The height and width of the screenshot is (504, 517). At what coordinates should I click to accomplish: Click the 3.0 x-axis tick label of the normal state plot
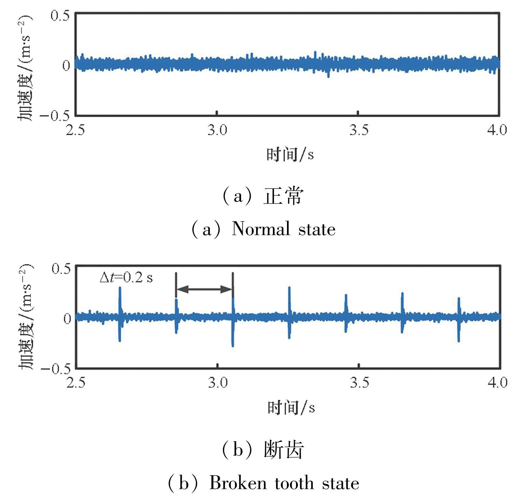[x=217, y=130]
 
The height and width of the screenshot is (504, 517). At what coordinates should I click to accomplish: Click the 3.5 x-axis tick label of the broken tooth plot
[x=359, y=382]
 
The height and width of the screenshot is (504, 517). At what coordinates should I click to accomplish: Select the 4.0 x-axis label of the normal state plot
[x=497, y=130]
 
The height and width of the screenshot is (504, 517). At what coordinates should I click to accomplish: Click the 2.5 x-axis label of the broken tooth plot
[x=76, y=382]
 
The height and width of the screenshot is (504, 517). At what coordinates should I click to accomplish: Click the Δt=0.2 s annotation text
[x=126, y=278]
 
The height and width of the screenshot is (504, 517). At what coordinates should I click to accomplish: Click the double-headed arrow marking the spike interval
[x=204, y=289]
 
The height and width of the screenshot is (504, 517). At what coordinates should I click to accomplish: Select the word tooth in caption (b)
[x=295, y=483]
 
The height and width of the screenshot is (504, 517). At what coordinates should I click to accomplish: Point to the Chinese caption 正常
[x=283, y=197]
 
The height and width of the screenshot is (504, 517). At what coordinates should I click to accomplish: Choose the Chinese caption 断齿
[x=284, y=450]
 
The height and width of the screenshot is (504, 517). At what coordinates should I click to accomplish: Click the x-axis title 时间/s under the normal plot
[x=290, y=155]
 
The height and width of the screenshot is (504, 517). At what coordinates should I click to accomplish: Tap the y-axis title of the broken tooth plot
[x=26, y=317]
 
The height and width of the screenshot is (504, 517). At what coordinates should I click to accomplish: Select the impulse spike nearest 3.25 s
[x=289, y=314]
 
